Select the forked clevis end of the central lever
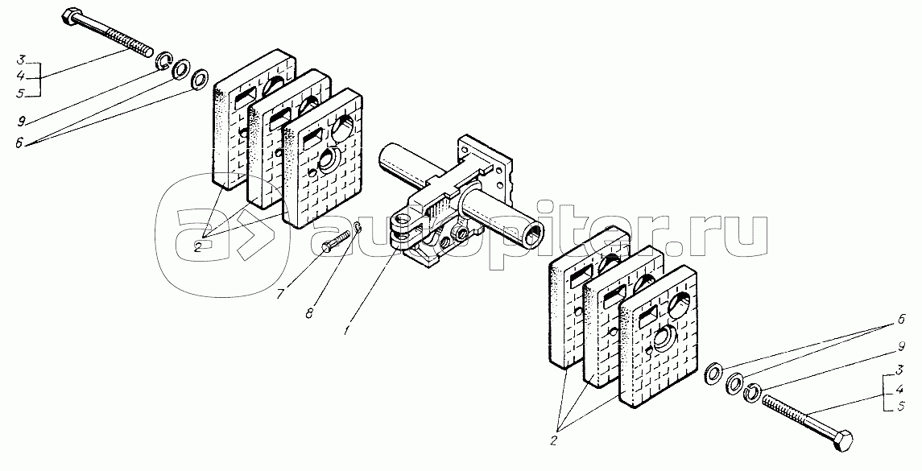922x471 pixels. pos(404,229)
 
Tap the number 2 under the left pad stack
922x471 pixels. pos(197,247)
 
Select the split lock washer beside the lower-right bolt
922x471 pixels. pos(750,391)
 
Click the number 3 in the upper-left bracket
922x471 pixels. pos(20,60)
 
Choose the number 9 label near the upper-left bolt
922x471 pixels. pos(22,121)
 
